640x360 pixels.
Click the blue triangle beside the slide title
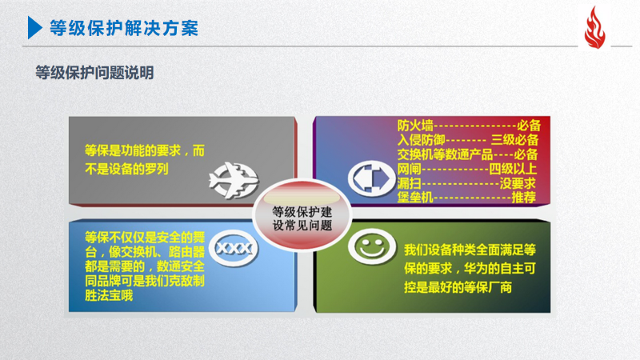pyautogui.click(x=34, y=28)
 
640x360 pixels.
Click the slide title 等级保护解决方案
pyautogui.click(x=124, y=28)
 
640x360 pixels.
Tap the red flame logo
pyautogui.click(x=594, y=28)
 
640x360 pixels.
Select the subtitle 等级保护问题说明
pyautogui.click(x=94, y=73)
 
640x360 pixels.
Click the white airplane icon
pyautogui.click(x=234, y=180)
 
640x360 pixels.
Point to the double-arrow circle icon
pyautogui.click(x=371, y=178)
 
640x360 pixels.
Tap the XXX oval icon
pyautogui.click(x=234, y=248)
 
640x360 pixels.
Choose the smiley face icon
pyautogui.click(x=371, y=246)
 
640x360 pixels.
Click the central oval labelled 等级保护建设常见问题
pyautogui.click(x=302, y=214)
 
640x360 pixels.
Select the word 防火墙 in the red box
pyautogui.click(x=415, y=126)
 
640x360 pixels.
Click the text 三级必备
pyautogui.click(x=514, y=140)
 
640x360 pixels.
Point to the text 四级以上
pyautogui.click(x=513, y=169)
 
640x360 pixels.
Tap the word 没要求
pyautogui.click(x=518, y=183)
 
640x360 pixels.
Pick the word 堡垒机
pyautogui.click(x=415, y=198)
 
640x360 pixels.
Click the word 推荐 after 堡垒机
pyautogui.click(x=524, y=198)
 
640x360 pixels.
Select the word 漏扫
pyautogui.click(x=409, y=183)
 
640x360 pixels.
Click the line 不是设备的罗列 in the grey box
pyautogui.click(x=126, y=169)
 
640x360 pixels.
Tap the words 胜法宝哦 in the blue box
pyautogui.click(x=109, y=295)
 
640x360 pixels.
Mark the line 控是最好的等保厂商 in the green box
pyautogui.click(x=458, y=287)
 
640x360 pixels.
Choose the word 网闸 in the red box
pyautogui.click(x=409, y=169)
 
